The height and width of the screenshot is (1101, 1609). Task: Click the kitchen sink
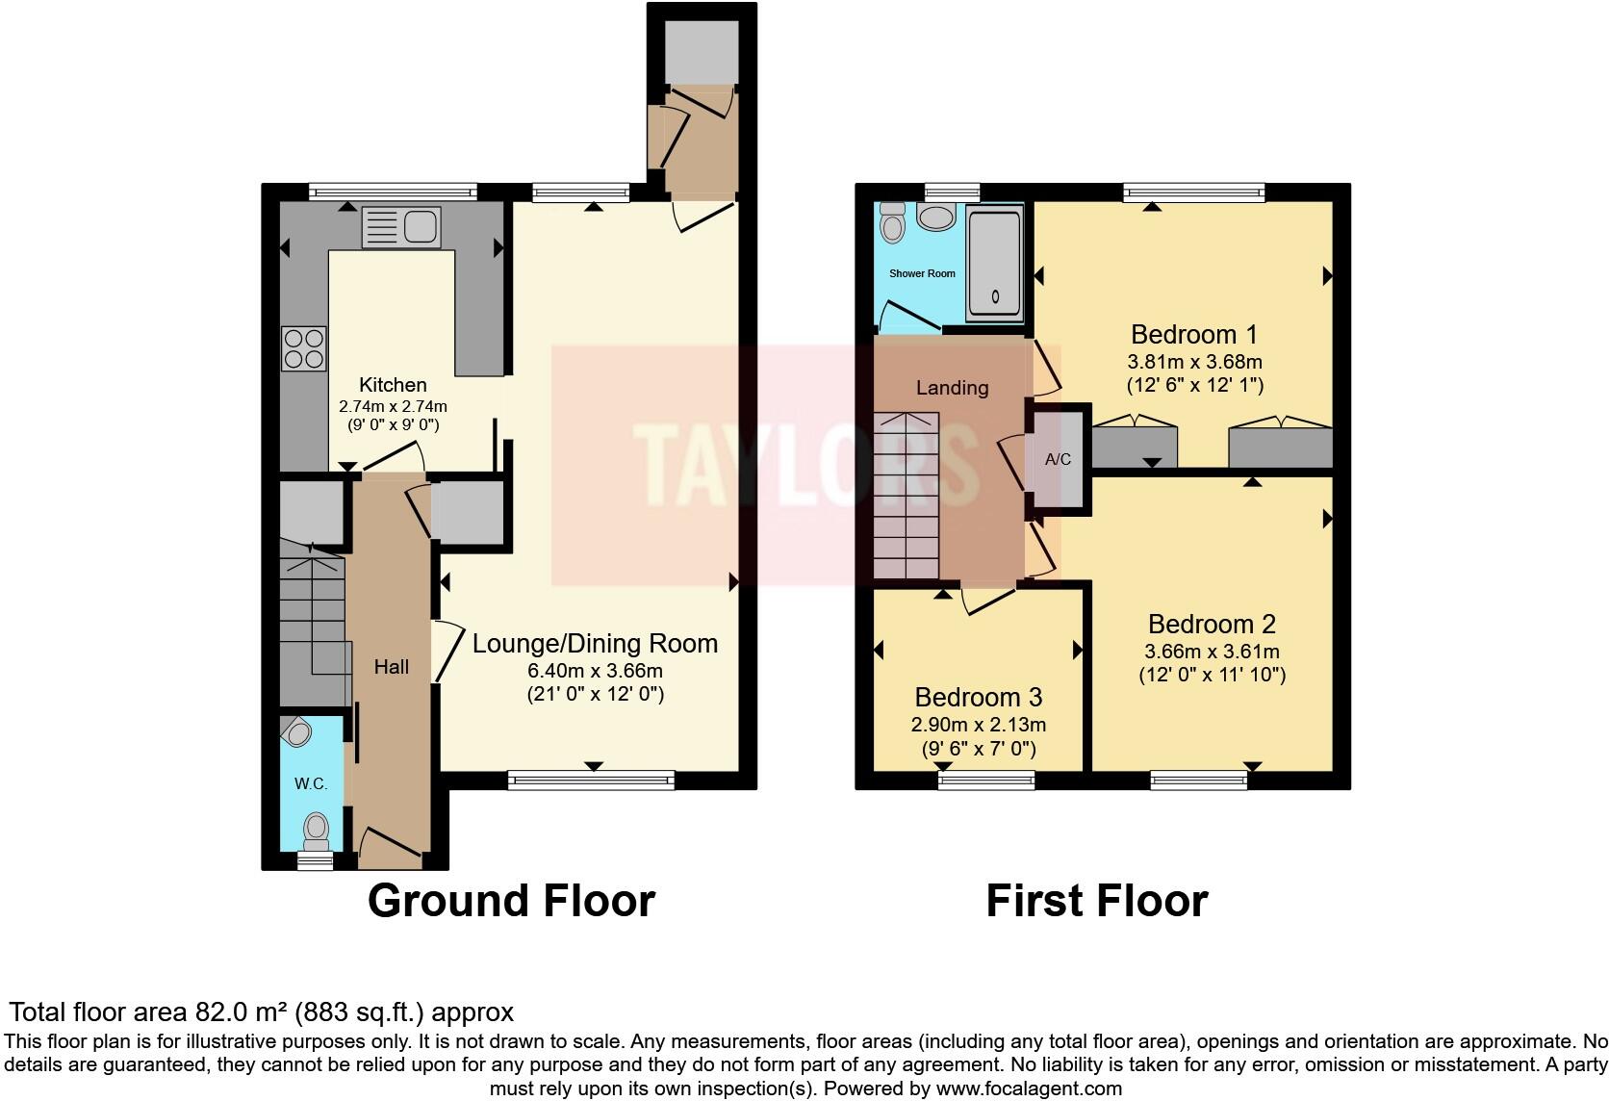coord(400,227)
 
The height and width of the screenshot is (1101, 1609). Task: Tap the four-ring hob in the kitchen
coord(303,348)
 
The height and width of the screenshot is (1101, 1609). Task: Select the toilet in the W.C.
coord(316,829)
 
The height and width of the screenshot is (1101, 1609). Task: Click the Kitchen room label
coord(393,385)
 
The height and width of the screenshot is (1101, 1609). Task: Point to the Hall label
coord(392,667)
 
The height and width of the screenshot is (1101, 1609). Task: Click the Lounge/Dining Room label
coord(595,644)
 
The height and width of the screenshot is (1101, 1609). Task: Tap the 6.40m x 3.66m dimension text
coord(595,671)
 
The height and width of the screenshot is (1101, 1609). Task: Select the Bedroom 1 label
coord(1193,335)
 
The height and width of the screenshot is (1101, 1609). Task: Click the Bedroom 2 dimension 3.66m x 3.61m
coord(1212,651)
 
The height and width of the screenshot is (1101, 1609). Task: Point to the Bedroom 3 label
coord(978,697)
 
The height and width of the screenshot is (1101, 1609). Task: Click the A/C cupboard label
coord(1058,459)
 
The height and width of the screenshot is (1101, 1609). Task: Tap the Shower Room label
coord(922,273)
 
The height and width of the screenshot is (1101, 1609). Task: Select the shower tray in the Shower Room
coord(994,263)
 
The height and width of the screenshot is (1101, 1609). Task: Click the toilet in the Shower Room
coord(893,223)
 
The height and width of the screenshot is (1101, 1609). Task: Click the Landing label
coord(952,388)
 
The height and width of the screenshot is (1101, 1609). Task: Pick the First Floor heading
coord(1096,901)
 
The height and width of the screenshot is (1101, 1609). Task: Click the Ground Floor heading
coord(511,901)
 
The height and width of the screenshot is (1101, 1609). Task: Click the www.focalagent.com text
coord(1028,1089)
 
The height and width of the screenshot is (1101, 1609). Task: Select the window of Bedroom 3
coord(986,780)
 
